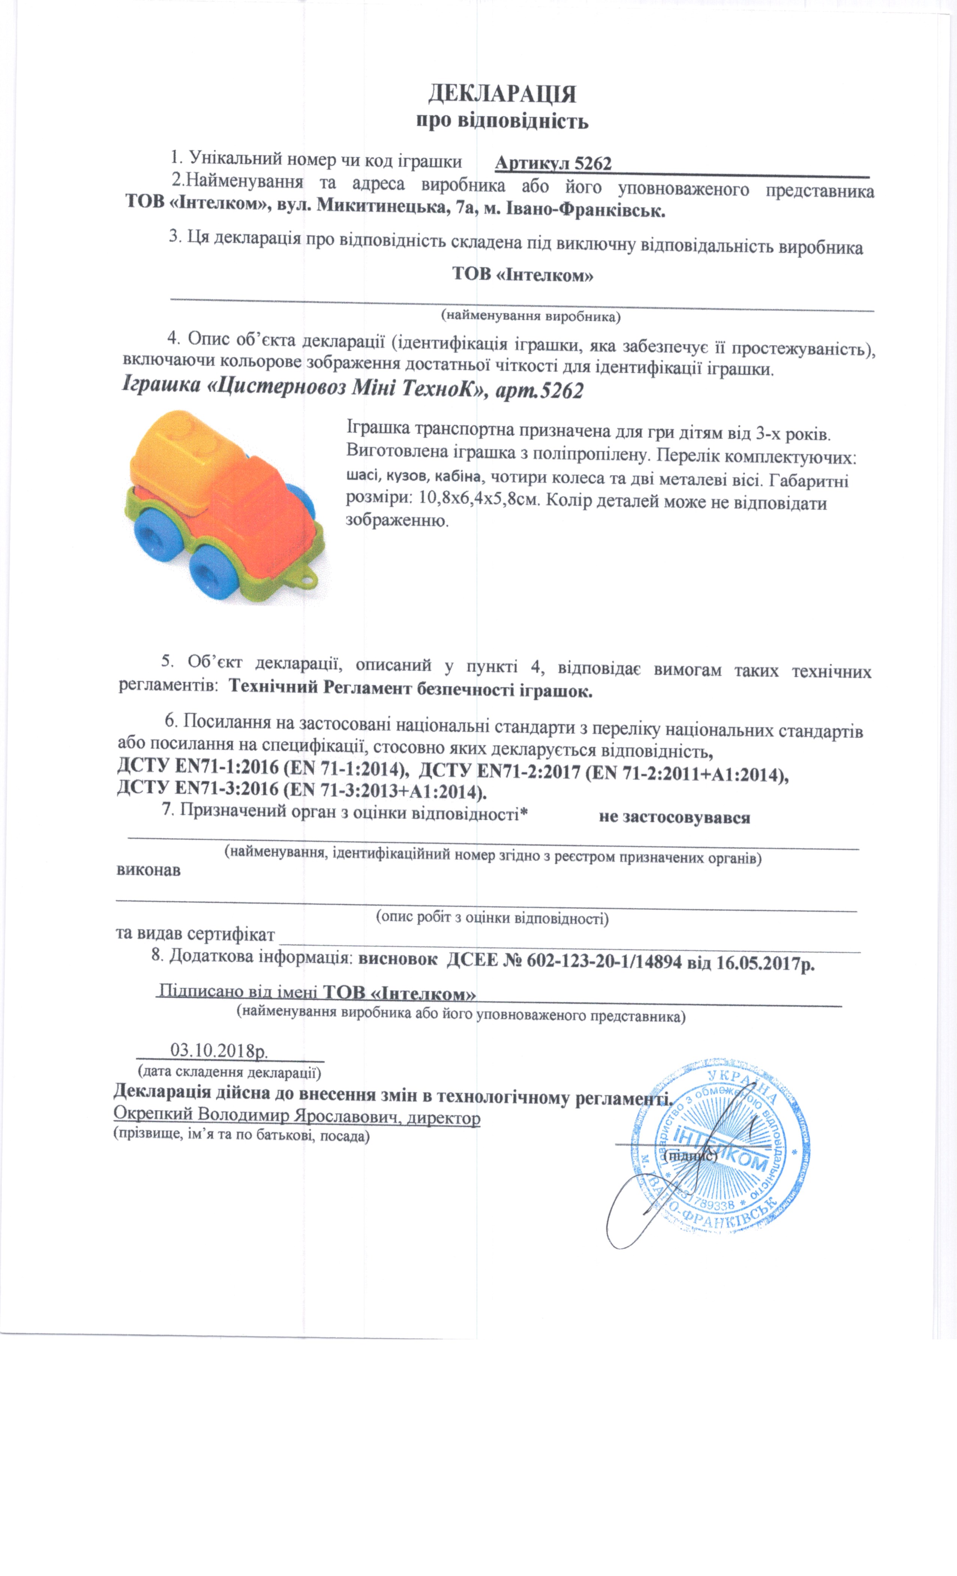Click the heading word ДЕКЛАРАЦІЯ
[x=502, y=94]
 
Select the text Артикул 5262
[x=553, y=164]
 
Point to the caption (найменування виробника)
[x=531, y=316]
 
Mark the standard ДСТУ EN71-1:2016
[x=198, y=767]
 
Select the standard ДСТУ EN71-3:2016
[x=198, y=788]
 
